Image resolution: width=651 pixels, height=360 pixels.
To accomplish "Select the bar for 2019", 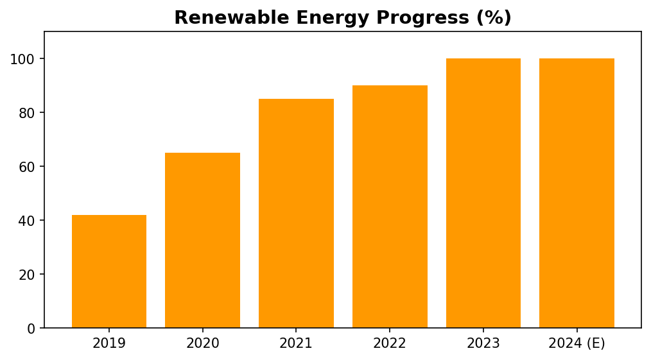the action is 109,271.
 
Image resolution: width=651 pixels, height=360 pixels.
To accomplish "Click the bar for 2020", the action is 203,241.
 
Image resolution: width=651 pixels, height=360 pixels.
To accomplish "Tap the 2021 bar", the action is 296,214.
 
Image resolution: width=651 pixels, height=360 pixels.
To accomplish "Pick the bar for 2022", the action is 390,207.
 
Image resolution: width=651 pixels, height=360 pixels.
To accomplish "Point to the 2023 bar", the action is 483,193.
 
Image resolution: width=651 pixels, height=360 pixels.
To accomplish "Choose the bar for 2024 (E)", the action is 577,193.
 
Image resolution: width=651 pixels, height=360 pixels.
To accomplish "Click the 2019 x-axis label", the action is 109,343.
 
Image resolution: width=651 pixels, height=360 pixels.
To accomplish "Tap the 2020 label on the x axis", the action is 203,343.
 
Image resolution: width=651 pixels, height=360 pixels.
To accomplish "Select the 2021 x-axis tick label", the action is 296,343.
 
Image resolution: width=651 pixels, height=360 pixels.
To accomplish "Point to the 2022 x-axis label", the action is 390,343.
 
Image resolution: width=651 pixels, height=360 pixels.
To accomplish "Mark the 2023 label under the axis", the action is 483,343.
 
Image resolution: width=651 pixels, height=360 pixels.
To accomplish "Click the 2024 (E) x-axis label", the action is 577,344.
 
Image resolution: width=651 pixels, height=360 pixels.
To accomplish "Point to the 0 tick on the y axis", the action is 31,329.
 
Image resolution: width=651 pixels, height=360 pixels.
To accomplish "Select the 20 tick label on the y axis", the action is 27,275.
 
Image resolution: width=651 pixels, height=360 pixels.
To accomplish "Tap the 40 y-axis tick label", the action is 27,221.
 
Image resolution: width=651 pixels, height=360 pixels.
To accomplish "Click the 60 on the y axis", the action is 27,167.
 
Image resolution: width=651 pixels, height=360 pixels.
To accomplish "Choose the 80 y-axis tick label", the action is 27,113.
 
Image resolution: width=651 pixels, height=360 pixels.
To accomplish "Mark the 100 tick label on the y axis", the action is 23,59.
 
